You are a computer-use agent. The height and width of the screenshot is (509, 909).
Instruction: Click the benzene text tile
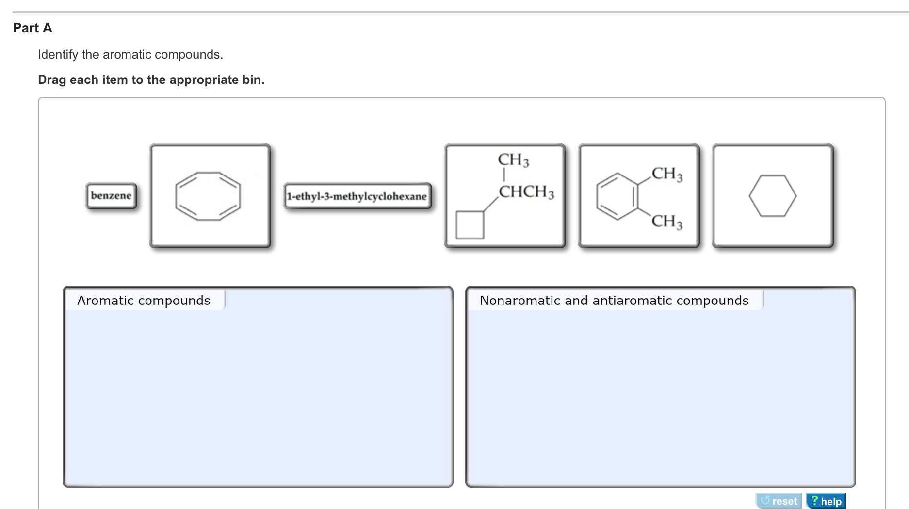[x=111, y=196]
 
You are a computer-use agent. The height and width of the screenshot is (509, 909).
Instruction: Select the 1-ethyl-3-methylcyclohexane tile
[x=357, y=196]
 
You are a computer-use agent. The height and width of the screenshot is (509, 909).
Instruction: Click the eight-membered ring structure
[x=208, y=196]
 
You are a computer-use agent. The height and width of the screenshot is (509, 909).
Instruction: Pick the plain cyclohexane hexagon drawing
[x=772, y=196]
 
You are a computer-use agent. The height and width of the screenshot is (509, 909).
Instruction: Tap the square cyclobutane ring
[x=470, y=225]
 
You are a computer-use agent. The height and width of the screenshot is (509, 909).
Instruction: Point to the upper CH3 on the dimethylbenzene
[x=667, y=174]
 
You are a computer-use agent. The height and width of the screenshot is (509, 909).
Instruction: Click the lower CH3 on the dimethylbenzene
[x=667, y=222]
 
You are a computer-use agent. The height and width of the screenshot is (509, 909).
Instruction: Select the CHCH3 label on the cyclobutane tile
[x=526, y=192]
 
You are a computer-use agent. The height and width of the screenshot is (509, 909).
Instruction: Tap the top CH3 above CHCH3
[x=513, y=160]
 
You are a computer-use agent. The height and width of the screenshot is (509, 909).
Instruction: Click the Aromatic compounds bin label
[x=144, y=301]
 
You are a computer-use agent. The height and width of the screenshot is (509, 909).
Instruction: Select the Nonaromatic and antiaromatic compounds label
[x=614, y=301]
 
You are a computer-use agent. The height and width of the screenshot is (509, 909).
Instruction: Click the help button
[x=826, y=501]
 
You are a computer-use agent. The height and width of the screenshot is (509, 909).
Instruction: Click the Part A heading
[x=32, y=28]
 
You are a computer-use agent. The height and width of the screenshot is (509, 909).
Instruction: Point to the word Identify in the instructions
[x=58, y=55]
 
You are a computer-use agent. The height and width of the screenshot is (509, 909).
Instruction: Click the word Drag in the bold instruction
[x=52, y=80]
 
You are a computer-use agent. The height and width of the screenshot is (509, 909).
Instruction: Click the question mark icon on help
[x=814, y=501]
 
